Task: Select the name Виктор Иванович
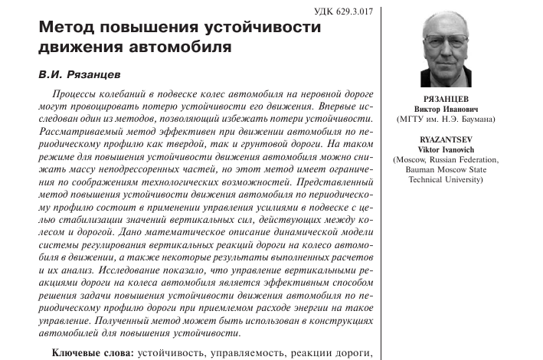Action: pos(446,110)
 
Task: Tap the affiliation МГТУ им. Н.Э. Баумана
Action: pos(446,120)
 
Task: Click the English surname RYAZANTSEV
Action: pos(446,140)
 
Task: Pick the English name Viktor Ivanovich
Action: pos(446,150)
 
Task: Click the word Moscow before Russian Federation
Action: pos(411,160)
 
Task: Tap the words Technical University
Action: pos(446,180)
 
